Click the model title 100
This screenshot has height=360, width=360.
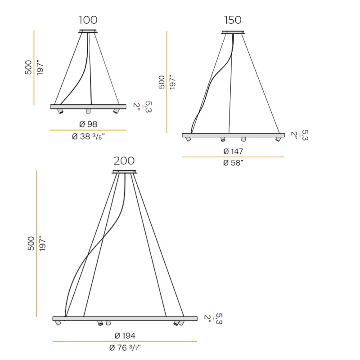(x=88, y=20)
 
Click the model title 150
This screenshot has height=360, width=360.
(x=232, y=20)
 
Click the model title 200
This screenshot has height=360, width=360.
(x=124, y=161)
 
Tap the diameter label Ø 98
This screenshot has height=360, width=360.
(x=88, y=124)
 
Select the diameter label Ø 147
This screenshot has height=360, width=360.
(x=233, y=151)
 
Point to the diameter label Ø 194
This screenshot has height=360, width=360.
(x=125, y=336)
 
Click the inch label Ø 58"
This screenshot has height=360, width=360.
(x=233, y=163)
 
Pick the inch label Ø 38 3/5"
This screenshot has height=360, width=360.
(x=88, y=137)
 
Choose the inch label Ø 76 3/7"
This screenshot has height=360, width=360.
(x=125, y=347)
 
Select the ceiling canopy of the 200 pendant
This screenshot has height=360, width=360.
(x=124, y=171)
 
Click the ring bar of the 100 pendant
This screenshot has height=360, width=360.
(x=88, y=107)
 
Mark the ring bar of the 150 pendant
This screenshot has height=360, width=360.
(x=233, y=135)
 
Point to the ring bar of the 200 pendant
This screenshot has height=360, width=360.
(x=125, y=319)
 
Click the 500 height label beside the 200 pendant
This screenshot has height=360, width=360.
(x=31, y=243)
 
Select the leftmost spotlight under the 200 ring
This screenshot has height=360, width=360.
(x=58, y=324)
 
